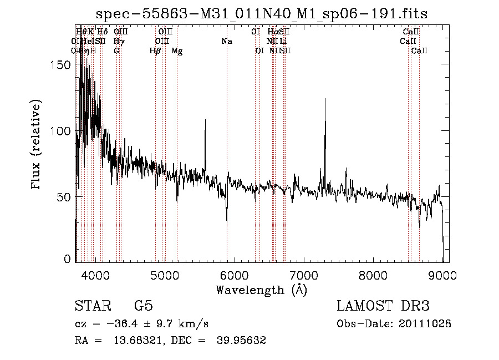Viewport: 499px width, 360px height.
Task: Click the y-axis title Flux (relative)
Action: click(x=37, y=145)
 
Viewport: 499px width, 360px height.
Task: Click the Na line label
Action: click(x=226, y=41)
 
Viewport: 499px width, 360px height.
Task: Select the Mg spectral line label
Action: click(x=177, y=51)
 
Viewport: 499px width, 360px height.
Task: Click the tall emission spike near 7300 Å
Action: click(x=325, y=100)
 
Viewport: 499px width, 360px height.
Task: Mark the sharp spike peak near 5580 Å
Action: click(x=205, y=120)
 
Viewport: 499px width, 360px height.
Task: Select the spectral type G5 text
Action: click(x=143, y=306)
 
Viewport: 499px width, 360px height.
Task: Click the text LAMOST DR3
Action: click(x=383, y=306)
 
